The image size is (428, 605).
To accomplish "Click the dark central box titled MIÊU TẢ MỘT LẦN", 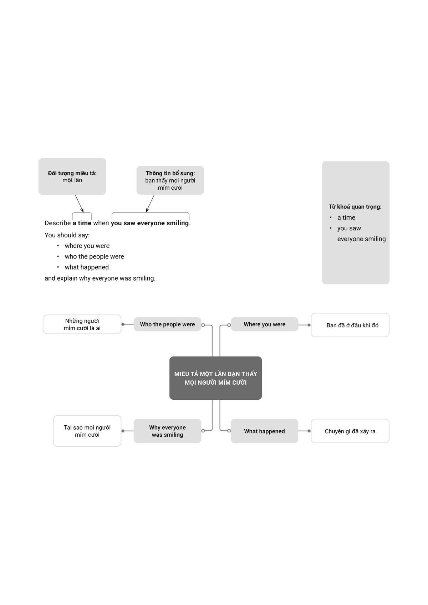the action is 215,378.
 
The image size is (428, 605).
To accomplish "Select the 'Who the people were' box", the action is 167,324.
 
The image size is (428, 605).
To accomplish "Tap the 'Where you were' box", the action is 264,324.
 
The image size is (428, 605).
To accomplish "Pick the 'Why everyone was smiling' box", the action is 167,431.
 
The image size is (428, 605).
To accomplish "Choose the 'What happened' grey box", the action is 264,431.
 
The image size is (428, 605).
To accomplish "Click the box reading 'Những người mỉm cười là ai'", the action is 82,324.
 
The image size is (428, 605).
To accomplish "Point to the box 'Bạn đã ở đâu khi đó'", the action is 350,325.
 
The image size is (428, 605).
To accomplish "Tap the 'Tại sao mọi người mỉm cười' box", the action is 87,431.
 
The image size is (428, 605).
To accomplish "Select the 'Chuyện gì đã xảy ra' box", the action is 350,431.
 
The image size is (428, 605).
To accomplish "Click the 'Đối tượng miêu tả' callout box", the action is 72,176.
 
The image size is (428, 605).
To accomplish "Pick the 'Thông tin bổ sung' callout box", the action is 170,180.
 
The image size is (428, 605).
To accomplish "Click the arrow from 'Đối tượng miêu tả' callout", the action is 79,204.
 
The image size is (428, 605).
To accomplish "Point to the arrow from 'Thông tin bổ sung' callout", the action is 150,204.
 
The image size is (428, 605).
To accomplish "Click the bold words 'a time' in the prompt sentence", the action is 82,223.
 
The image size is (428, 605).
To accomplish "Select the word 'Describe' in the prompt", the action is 57,223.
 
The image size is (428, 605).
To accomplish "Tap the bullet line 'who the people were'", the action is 94,257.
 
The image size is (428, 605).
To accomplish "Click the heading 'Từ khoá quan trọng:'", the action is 355,207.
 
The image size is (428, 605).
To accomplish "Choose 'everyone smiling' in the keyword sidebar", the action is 361,239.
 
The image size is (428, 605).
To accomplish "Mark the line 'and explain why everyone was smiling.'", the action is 100,278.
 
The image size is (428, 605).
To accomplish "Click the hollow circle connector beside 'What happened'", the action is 229,431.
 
